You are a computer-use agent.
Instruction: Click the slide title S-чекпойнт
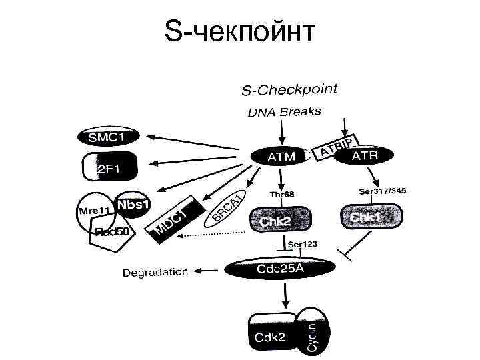(x=240, y=31)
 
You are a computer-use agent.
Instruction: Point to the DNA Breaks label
(x=284, y=111)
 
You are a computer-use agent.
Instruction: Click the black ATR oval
(x=364, y=156)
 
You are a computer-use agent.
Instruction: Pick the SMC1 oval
(x=107, y=137)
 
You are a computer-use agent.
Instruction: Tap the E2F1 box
(x=109, y=166)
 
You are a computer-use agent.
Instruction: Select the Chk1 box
(x=372, y=217)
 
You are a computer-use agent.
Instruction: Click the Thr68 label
(x=281, y=194)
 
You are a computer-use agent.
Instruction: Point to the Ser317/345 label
(x=382, y=192)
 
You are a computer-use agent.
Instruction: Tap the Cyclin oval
(x=313, y=331)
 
